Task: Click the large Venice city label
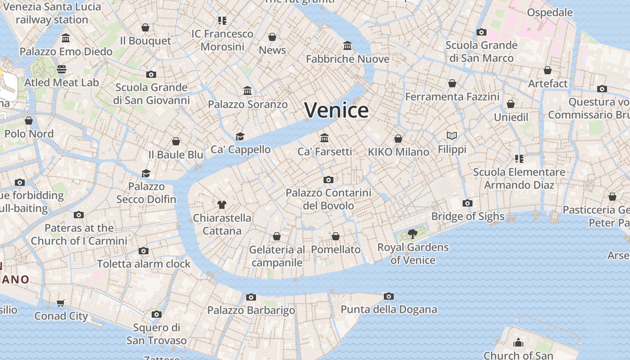click(x=337, y=110)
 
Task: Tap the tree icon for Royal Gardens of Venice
click(x=412, y=234)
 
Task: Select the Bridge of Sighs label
click(x=468, y=216)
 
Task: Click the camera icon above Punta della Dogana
click(x=389, y=296)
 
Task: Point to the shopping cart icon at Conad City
click(x=61, y=303)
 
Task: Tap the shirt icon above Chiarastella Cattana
click(x=221, y=205)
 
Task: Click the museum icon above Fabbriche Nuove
click(x=347, y=46)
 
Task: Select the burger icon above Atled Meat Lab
click(x=62, y=69)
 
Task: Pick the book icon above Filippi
click(x=452, y=135)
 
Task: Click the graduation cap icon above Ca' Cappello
click(x=240, y=136)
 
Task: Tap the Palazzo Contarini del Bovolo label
click(x=328, y=199)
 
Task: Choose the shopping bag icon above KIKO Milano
click(x=398, y=139)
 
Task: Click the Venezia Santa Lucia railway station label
click(x=52, y=13)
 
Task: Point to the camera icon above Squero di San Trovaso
click(x=156, y=314)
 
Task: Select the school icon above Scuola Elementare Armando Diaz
click(x=519, y=159)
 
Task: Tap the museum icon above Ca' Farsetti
click(x=324, y=138)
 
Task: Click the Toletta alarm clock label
click(x=144, y=264)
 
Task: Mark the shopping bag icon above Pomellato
click(x=336, y=236)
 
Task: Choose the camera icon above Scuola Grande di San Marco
click(x=481, y=32)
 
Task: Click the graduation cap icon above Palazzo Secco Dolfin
click(x=146, y=173)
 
